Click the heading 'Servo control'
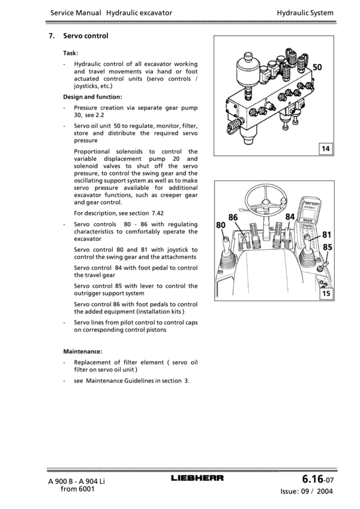click(86, 36)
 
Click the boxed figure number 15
click(326, 294)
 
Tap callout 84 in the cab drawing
click(290, 217)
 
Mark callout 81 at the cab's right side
click(328, 235)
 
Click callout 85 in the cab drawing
click(328, 246)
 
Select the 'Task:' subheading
click(70, 53)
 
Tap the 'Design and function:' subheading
click(92, 96)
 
